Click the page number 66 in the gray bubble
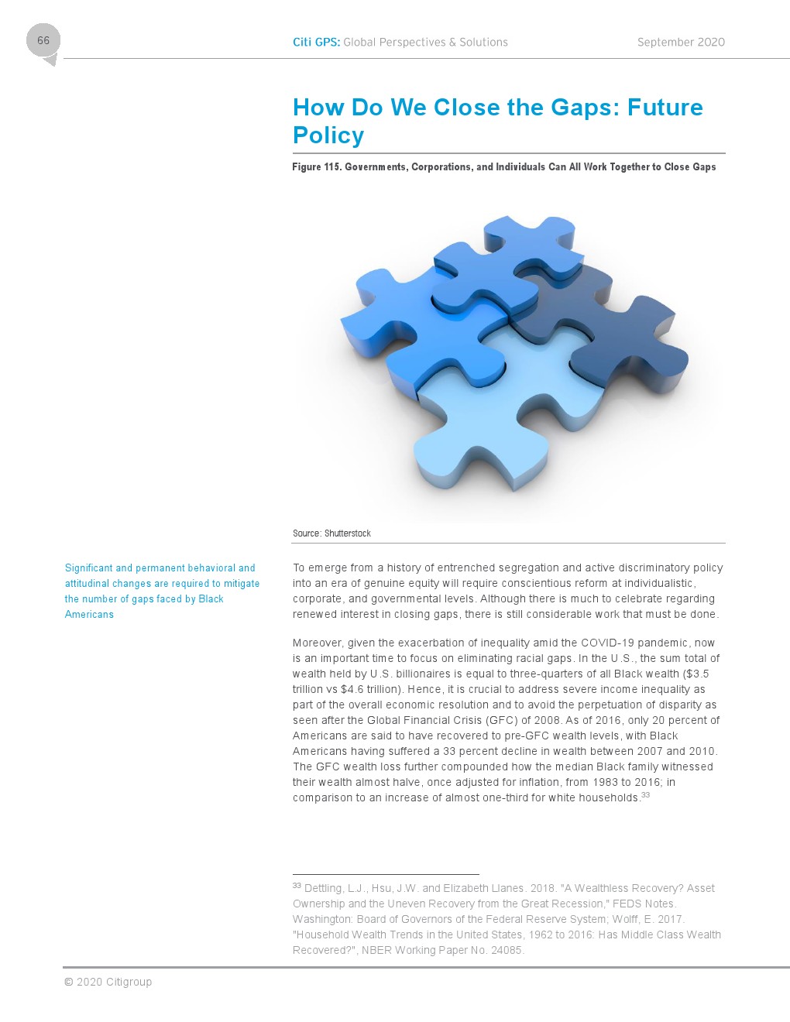click(43, 40)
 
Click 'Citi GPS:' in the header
click(316, 43)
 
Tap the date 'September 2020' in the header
click(681, 43)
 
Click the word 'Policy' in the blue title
click(328, 135)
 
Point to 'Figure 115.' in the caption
click(317, 167)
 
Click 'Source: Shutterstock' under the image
click(331, 533)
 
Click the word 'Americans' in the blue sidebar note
click(89, 615)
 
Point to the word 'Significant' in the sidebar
click(88, 568)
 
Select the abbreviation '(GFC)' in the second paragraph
click(502, 721)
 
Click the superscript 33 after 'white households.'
click(646, 795)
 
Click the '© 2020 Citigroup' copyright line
click(108, 983)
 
